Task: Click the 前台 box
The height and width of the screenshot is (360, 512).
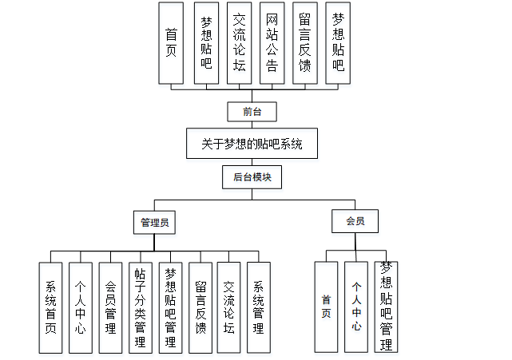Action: [x=252, y=112]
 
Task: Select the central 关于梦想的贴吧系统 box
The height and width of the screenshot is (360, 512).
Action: [x=252, y=144]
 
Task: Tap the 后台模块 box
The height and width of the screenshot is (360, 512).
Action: [x=252, y=177]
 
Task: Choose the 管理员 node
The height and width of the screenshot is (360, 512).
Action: [x=154, y=222]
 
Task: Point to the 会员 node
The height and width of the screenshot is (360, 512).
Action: [x=355, y=221]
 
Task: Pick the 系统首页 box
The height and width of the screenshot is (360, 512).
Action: [x=50, y=307]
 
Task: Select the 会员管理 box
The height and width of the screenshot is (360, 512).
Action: [x=110, y=307]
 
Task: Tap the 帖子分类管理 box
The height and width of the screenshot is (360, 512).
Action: [x=140, y=307]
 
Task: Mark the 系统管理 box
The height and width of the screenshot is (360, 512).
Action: [x=258, y=307]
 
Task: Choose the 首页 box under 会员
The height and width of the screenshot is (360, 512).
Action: [x=326, y=307]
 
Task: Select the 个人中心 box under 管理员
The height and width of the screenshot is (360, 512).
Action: [x=81, y=307]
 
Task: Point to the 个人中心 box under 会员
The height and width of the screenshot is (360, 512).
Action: [x=356, y=307]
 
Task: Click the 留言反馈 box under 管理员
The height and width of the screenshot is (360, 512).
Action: [x=200, y=307]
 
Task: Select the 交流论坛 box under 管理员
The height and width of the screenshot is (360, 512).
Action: [x=229, y=307]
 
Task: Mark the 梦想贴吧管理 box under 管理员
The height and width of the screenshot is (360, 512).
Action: [x=170, y=307]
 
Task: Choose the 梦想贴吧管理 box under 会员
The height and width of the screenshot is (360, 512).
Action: [x=387, y=307]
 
